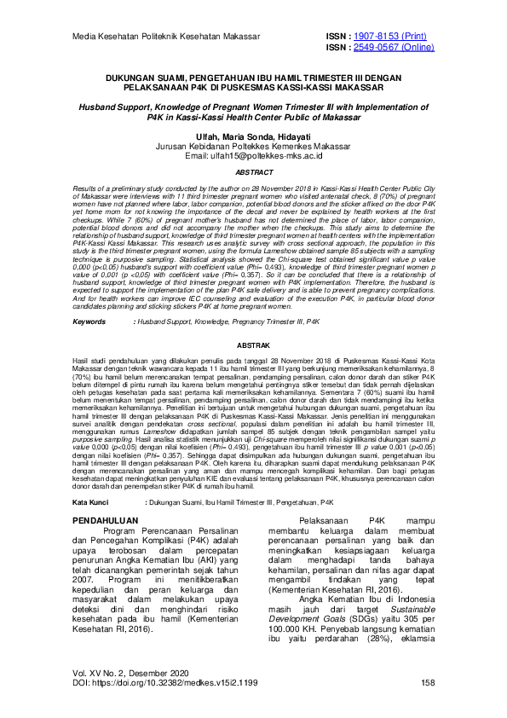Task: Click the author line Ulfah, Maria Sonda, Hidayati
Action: (x=253, y=137)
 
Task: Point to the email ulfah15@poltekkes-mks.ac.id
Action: (x=253, y=156)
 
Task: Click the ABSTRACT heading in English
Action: (x=253, y=172)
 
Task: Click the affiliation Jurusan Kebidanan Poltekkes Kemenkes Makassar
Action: (x=253, y=147)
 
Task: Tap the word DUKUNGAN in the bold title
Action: (x=135, y=77)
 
